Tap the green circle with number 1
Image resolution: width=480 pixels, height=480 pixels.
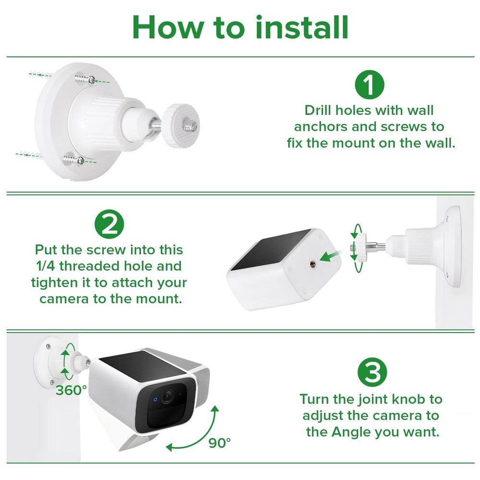370,85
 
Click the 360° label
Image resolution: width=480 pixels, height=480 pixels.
71,390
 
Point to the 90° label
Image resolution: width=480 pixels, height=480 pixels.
220,442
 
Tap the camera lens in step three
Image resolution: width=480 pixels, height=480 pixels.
168,397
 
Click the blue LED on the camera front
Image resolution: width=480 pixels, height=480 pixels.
155,399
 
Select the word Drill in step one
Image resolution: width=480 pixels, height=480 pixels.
319,110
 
